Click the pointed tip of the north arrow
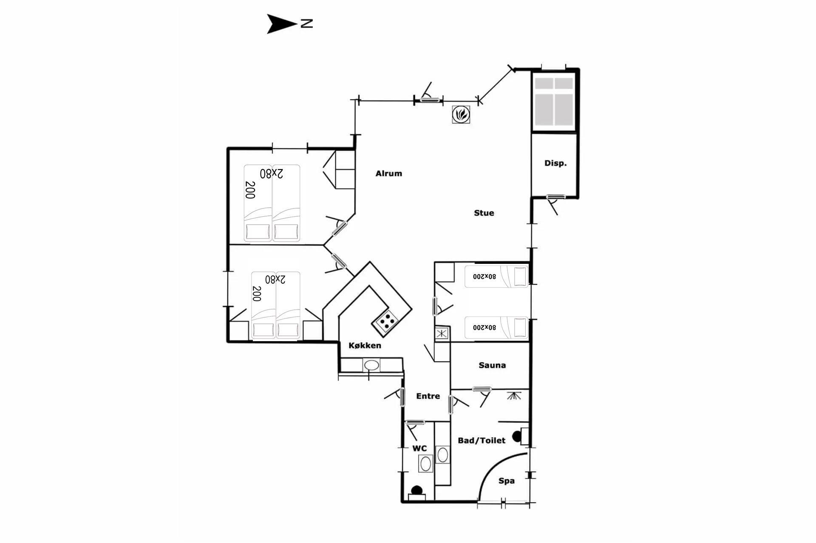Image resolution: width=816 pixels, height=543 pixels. (297, 23)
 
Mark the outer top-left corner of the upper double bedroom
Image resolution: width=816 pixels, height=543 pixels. (227, 148)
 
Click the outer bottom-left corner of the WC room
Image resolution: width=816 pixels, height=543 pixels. (402, 502)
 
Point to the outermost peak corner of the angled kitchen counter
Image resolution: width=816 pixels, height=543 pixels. (370, 262)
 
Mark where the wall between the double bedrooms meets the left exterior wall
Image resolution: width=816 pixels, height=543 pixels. (228, 245)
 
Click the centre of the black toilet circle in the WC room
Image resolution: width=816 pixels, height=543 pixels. (416, 490)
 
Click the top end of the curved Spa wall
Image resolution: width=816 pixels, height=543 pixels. (527, 453)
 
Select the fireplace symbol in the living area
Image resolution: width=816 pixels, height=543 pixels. (461, 114)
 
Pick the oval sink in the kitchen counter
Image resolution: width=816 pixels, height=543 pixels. (371, 365)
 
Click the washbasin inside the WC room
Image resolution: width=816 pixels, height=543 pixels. (425, 463)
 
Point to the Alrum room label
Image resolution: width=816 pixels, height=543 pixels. (389, 173)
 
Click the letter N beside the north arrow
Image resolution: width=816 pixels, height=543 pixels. (307, 23)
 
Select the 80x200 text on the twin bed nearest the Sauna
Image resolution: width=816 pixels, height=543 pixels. (484, 328)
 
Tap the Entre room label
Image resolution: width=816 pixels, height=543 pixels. (428, 396)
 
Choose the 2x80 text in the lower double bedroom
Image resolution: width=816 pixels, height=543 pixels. (275, 279)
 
